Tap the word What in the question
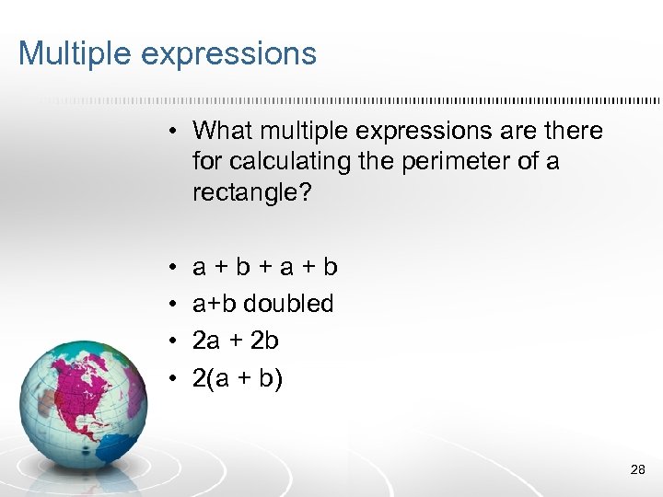(221, 131)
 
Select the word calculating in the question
(285, 162)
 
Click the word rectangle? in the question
(242, 193)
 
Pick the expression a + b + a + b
(264, 267)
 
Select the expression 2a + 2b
(235, 341)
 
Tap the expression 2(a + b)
(236, 377)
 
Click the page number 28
(637, 470)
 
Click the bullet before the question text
(172, 132)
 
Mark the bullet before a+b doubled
(172, 304)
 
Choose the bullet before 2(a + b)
(172, 377)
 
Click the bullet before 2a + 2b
(172, 341)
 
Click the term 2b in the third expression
(264, 341)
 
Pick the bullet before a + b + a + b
(172, 267)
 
